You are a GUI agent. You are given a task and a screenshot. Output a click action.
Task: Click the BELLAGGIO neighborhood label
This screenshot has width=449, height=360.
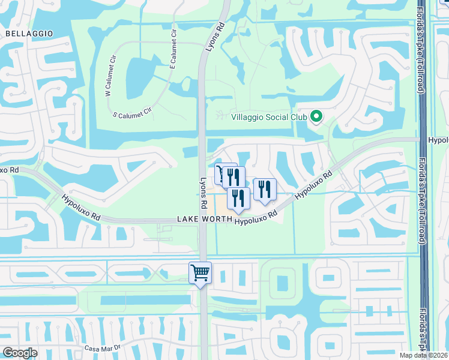(29, 34)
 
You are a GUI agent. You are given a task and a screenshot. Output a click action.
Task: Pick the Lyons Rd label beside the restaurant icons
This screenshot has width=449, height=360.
(203, 193)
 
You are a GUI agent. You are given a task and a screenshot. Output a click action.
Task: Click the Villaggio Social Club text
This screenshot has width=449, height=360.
(270, 117)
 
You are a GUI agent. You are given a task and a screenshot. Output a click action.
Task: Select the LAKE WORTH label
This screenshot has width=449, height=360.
(204, 220)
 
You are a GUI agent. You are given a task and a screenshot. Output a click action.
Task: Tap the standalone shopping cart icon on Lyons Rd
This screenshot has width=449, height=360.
(200, 273)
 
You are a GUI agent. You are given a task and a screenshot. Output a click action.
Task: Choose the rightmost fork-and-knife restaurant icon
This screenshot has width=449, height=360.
(265, 190)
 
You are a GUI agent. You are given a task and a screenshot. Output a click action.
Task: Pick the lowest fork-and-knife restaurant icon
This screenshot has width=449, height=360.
(238, 199)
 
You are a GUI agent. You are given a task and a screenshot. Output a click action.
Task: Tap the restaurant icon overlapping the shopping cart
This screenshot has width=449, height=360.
(234, 177)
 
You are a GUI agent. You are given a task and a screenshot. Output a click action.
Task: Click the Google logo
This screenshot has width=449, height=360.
(20, 353)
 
